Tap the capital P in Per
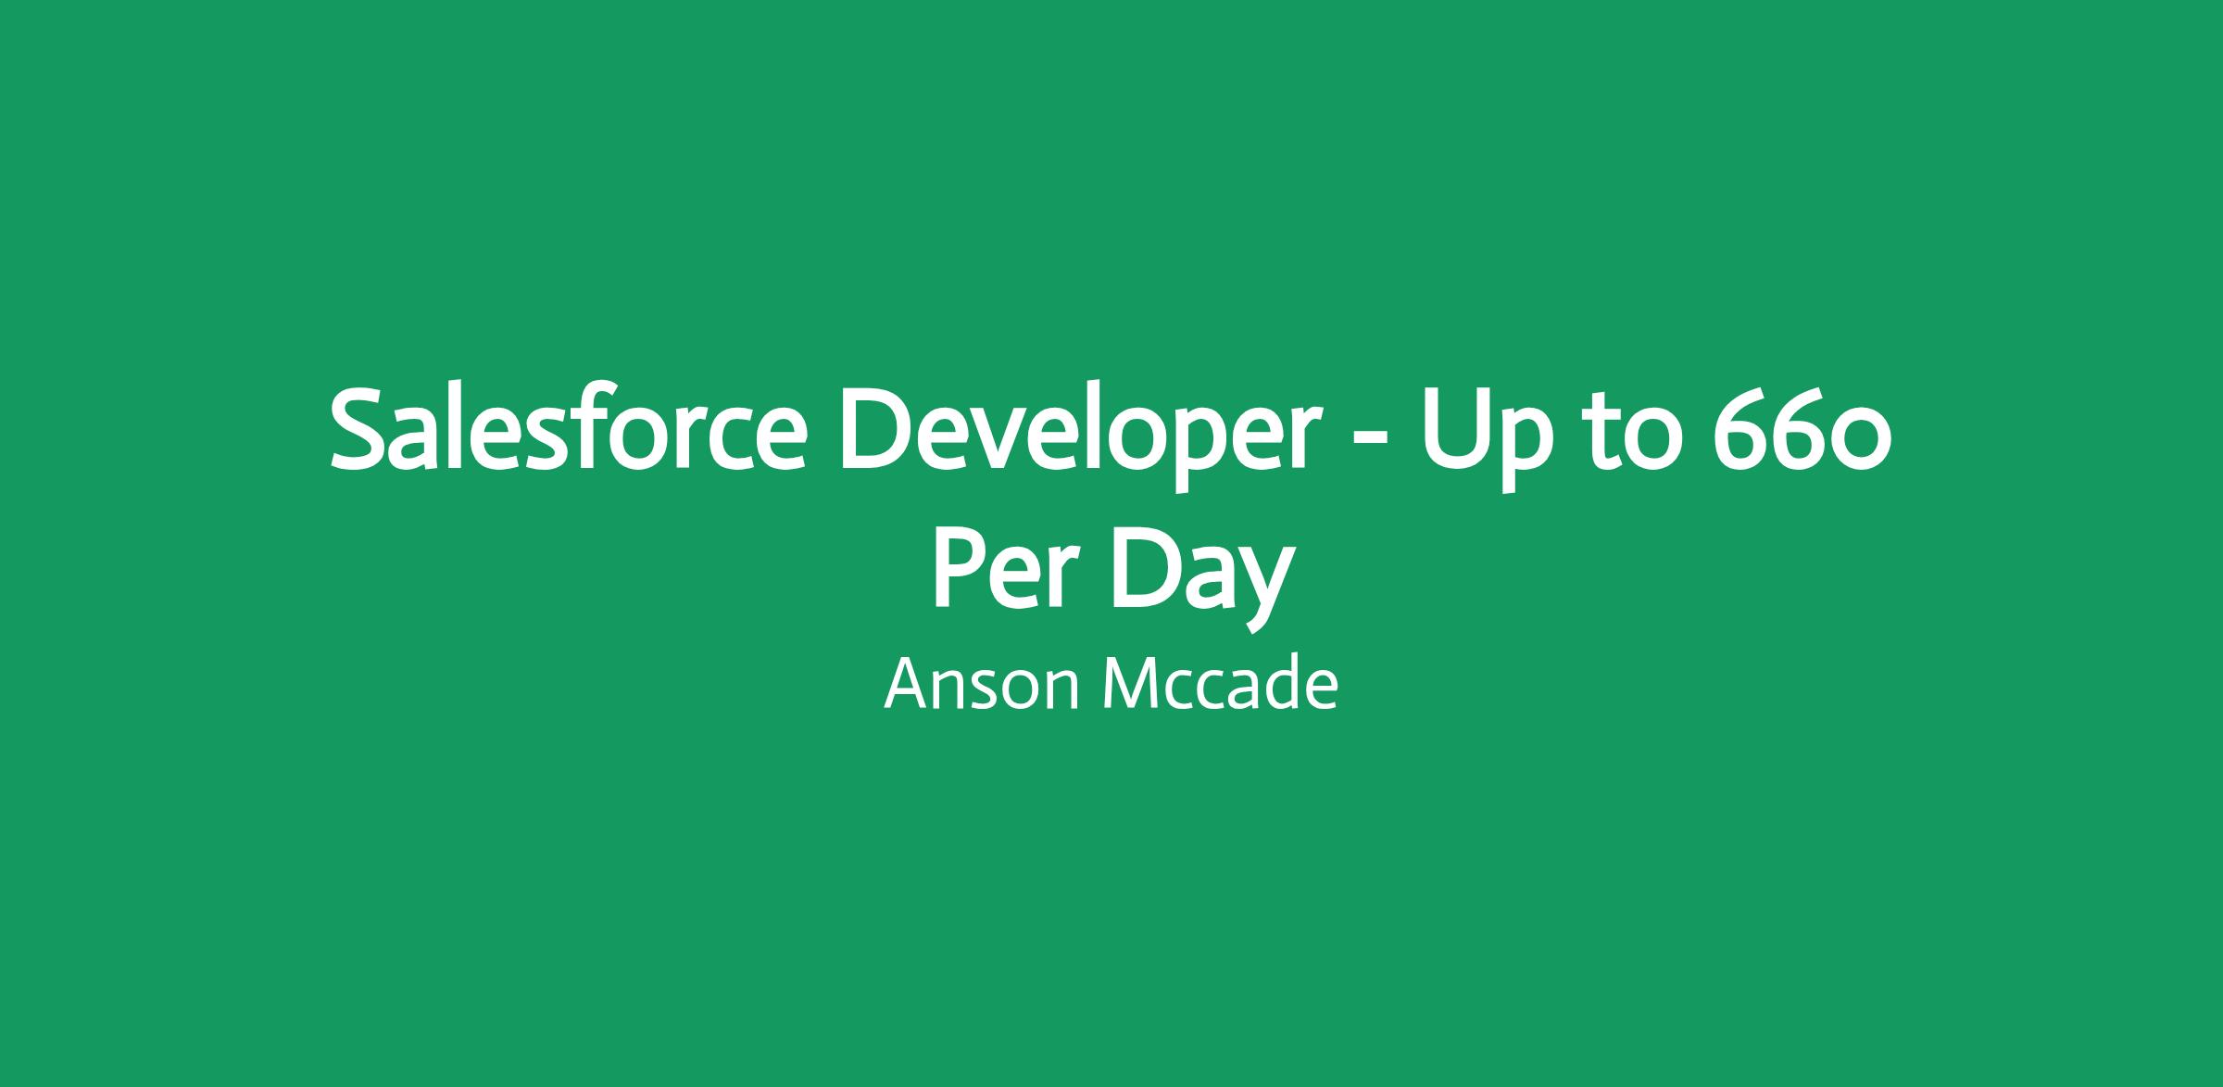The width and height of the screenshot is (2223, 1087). [960, 570]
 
